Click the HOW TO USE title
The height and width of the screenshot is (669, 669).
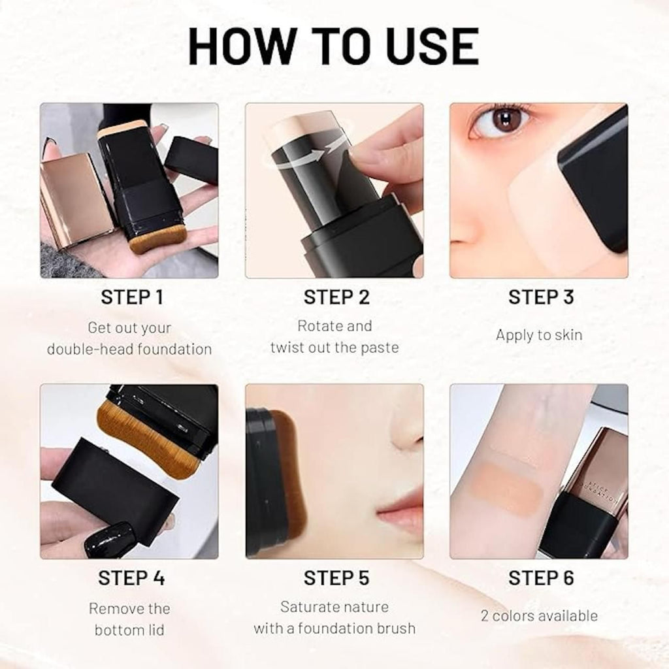point(334,46)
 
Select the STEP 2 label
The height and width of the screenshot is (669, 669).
point(336,297)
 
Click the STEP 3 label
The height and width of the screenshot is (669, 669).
point(541,297)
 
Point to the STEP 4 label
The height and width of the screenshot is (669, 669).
point(131,578)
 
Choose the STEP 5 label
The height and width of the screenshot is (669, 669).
point(336,578)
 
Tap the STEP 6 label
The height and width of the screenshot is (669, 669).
point(541,578)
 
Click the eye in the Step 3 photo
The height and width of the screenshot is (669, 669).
point(502,120)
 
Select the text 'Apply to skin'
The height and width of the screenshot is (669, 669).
point(539,335)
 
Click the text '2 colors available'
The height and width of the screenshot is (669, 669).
point(539,615)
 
